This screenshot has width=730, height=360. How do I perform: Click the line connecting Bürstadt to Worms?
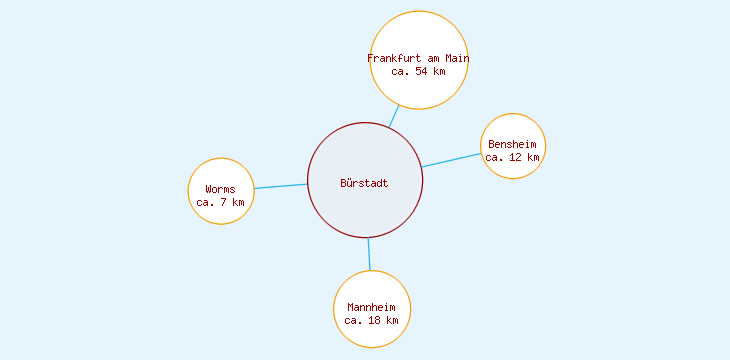pos(281,186)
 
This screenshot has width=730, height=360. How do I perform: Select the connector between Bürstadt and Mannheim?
pos(369,254)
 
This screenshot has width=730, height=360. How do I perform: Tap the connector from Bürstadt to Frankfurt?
pos(394,116)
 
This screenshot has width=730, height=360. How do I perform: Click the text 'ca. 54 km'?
pos(418,71)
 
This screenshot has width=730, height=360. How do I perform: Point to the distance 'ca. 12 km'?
pos(513,157)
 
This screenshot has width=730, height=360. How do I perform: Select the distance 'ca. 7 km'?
pos(221,202)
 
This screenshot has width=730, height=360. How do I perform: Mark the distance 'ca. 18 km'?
pos(372,320)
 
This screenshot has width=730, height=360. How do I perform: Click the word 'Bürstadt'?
pos(364,183)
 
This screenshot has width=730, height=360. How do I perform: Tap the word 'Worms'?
pos(221,189)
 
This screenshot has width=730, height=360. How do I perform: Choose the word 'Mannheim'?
pos(372,307)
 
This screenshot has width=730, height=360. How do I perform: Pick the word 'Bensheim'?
pos(513,144)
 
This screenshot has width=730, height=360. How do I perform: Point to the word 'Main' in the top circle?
pos(455,58)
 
